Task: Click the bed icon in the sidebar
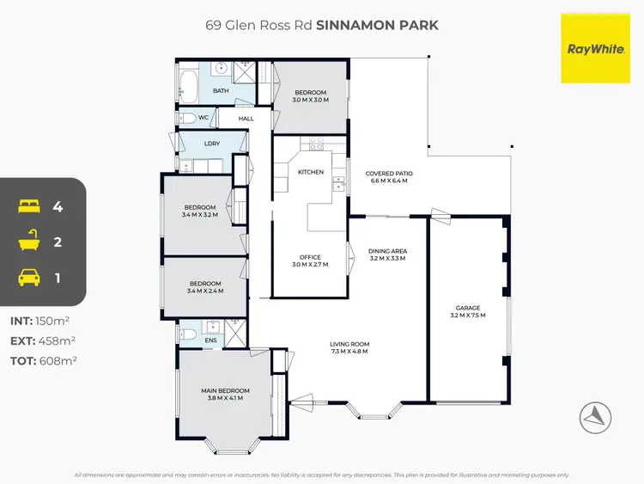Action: point(28,206)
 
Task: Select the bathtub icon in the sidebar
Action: point(28,242)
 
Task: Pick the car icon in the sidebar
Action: point(28,277)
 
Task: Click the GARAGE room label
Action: point(468,307)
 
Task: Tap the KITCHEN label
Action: point(310,172)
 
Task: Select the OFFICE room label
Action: point(310,257)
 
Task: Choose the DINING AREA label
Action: point(388,250)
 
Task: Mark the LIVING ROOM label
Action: point(349,345)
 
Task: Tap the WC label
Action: point(204,117)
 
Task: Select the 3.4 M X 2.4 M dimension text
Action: point(205,291)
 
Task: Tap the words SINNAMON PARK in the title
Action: point(377,25)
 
